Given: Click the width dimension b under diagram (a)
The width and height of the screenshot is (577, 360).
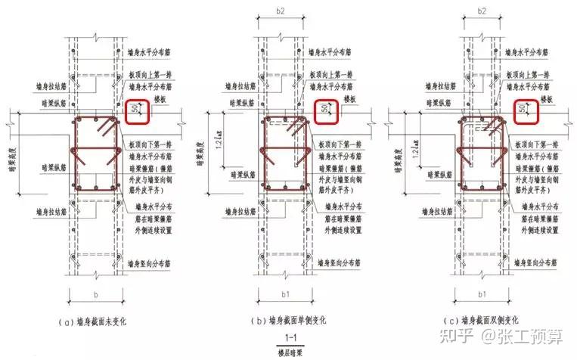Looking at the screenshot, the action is coord(97,291).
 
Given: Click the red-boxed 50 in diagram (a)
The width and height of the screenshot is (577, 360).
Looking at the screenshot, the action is coord(135,110).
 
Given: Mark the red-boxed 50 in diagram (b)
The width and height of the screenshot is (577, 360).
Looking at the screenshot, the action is coord(325,110).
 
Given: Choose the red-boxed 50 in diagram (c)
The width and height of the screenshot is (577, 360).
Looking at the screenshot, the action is coord(523,110).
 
